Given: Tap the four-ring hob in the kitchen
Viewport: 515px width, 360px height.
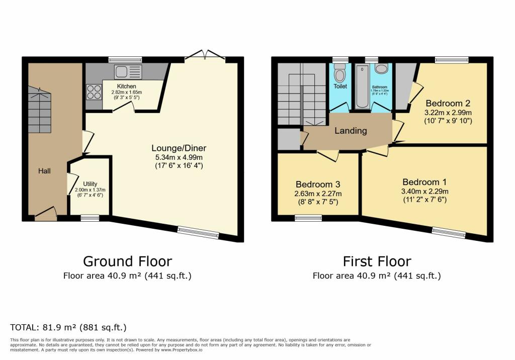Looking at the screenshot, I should point(94,92).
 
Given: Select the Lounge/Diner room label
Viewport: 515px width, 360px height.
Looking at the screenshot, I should point(179,148).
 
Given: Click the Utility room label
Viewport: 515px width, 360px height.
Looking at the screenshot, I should point(90,184).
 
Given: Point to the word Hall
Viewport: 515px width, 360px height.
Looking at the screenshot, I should point(45,171).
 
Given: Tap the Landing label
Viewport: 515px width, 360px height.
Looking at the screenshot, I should point(351,131).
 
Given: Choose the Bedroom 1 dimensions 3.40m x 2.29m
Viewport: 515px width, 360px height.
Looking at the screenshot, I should point(424,192).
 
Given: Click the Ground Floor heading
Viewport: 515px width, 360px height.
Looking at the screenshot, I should point(127,261).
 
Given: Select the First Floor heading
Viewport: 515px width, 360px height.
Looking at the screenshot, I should point(377,261).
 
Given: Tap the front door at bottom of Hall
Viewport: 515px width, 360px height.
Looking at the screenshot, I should point(46,215).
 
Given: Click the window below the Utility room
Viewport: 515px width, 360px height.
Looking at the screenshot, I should point(90,218).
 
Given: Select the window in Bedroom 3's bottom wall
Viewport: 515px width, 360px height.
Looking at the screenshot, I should point(308,218).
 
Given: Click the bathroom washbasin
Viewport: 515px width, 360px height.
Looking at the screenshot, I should point(381,69).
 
